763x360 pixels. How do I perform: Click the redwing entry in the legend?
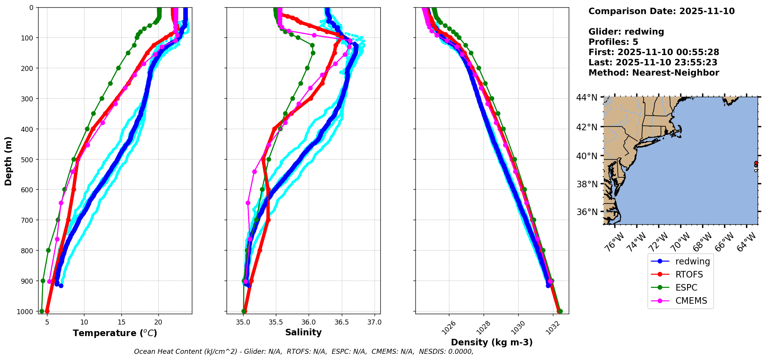[x=692, y=261]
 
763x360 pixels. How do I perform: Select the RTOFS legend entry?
[x=689, y=274]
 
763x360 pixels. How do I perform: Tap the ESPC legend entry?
[x=686, y=288]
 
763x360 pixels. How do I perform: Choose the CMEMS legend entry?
[x=691, y=301]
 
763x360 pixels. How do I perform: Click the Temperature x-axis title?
[x=115, y=333]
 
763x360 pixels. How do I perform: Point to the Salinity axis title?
[x=303, y=332]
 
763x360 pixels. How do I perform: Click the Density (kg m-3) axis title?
[x=492, y=342]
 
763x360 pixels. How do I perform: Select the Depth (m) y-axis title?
[x=8, y=161]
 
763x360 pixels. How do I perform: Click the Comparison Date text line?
[x=661, y=11]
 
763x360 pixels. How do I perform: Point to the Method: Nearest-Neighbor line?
[x=654, y=73]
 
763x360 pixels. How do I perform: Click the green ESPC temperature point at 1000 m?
[x=42, y=311]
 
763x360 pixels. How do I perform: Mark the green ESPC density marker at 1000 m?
[x=560, y=311]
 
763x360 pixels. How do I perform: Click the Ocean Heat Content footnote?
[x=304, y=352]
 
